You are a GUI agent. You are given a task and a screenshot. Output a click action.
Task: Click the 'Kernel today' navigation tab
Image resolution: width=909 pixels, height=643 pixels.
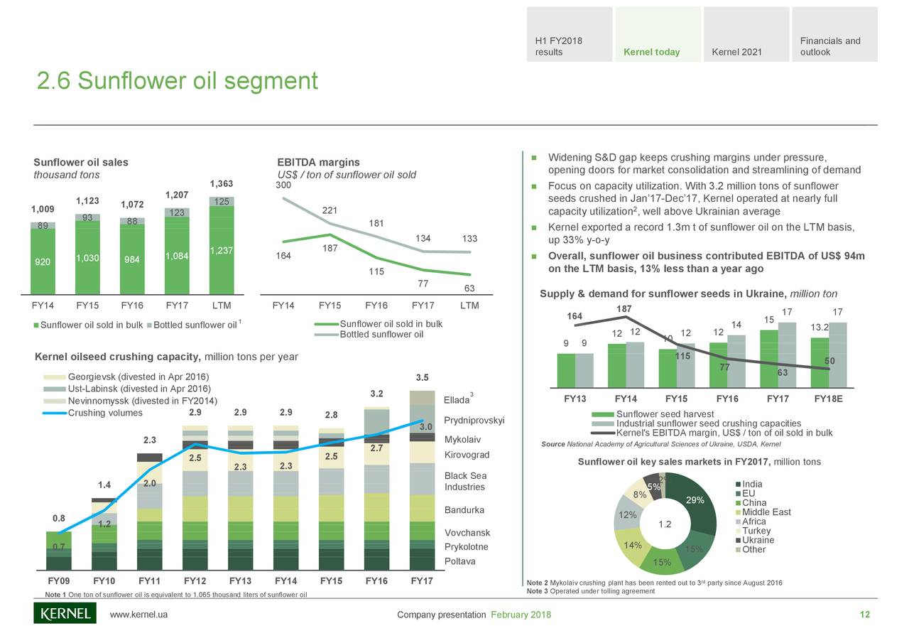[x=651, y=52]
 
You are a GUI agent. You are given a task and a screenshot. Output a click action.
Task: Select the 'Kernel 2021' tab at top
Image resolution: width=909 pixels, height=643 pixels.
[x=736, y=52]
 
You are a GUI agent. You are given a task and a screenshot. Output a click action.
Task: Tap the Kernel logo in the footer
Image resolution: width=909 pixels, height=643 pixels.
[x=65, y=613]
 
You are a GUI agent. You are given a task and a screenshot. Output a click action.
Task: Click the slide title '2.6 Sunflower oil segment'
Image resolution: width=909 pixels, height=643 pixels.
[x=177, y=82]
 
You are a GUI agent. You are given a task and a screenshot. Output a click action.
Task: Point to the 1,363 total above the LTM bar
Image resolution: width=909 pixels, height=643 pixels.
[x=221, y=185]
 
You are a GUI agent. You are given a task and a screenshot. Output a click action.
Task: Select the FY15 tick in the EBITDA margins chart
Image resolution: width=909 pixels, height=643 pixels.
[x=330, y=306]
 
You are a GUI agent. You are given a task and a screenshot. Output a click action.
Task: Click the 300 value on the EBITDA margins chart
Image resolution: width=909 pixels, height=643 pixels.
[x=283, y=185]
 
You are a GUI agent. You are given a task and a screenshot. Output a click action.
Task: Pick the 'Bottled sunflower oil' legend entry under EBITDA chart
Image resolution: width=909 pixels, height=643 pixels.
[x=381, y=335]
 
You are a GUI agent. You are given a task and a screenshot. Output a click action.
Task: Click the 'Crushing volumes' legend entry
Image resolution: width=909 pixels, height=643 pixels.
[x=104, y=414]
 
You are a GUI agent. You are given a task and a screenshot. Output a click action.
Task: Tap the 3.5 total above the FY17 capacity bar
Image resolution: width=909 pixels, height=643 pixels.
[x=422, y=377]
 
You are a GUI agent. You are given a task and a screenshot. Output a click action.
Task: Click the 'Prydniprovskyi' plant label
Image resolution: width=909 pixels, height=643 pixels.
[x=474, y=421]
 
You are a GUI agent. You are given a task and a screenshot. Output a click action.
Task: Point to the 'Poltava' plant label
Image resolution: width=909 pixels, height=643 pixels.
[x=459, y=561]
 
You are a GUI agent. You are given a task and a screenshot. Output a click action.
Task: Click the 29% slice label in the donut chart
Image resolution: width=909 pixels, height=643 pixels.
[x=695, y=501]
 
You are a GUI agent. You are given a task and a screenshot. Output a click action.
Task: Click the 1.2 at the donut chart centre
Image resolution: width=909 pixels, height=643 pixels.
[x=665, y=525]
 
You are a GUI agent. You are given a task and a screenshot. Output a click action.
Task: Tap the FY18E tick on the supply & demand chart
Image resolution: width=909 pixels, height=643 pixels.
[x=827, y=399]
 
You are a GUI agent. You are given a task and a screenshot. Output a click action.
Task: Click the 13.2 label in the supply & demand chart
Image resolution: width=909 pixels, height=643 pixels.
[x=820, y=328]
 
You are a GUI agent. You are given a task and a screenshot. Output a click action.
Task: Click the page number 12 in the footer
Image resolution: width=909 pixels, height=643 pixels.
[x=864, y=615]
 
